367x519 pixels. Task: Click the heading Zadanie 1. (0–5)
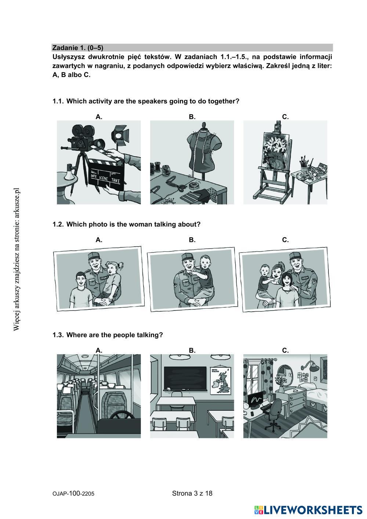[x=77, y=48]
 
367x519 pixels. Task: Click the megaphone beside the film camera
[x=69, y=172]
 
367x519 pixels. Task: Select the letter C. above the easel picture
[x=285, y=117]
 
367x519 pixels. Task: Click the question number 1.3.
[x=58, y=335]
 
